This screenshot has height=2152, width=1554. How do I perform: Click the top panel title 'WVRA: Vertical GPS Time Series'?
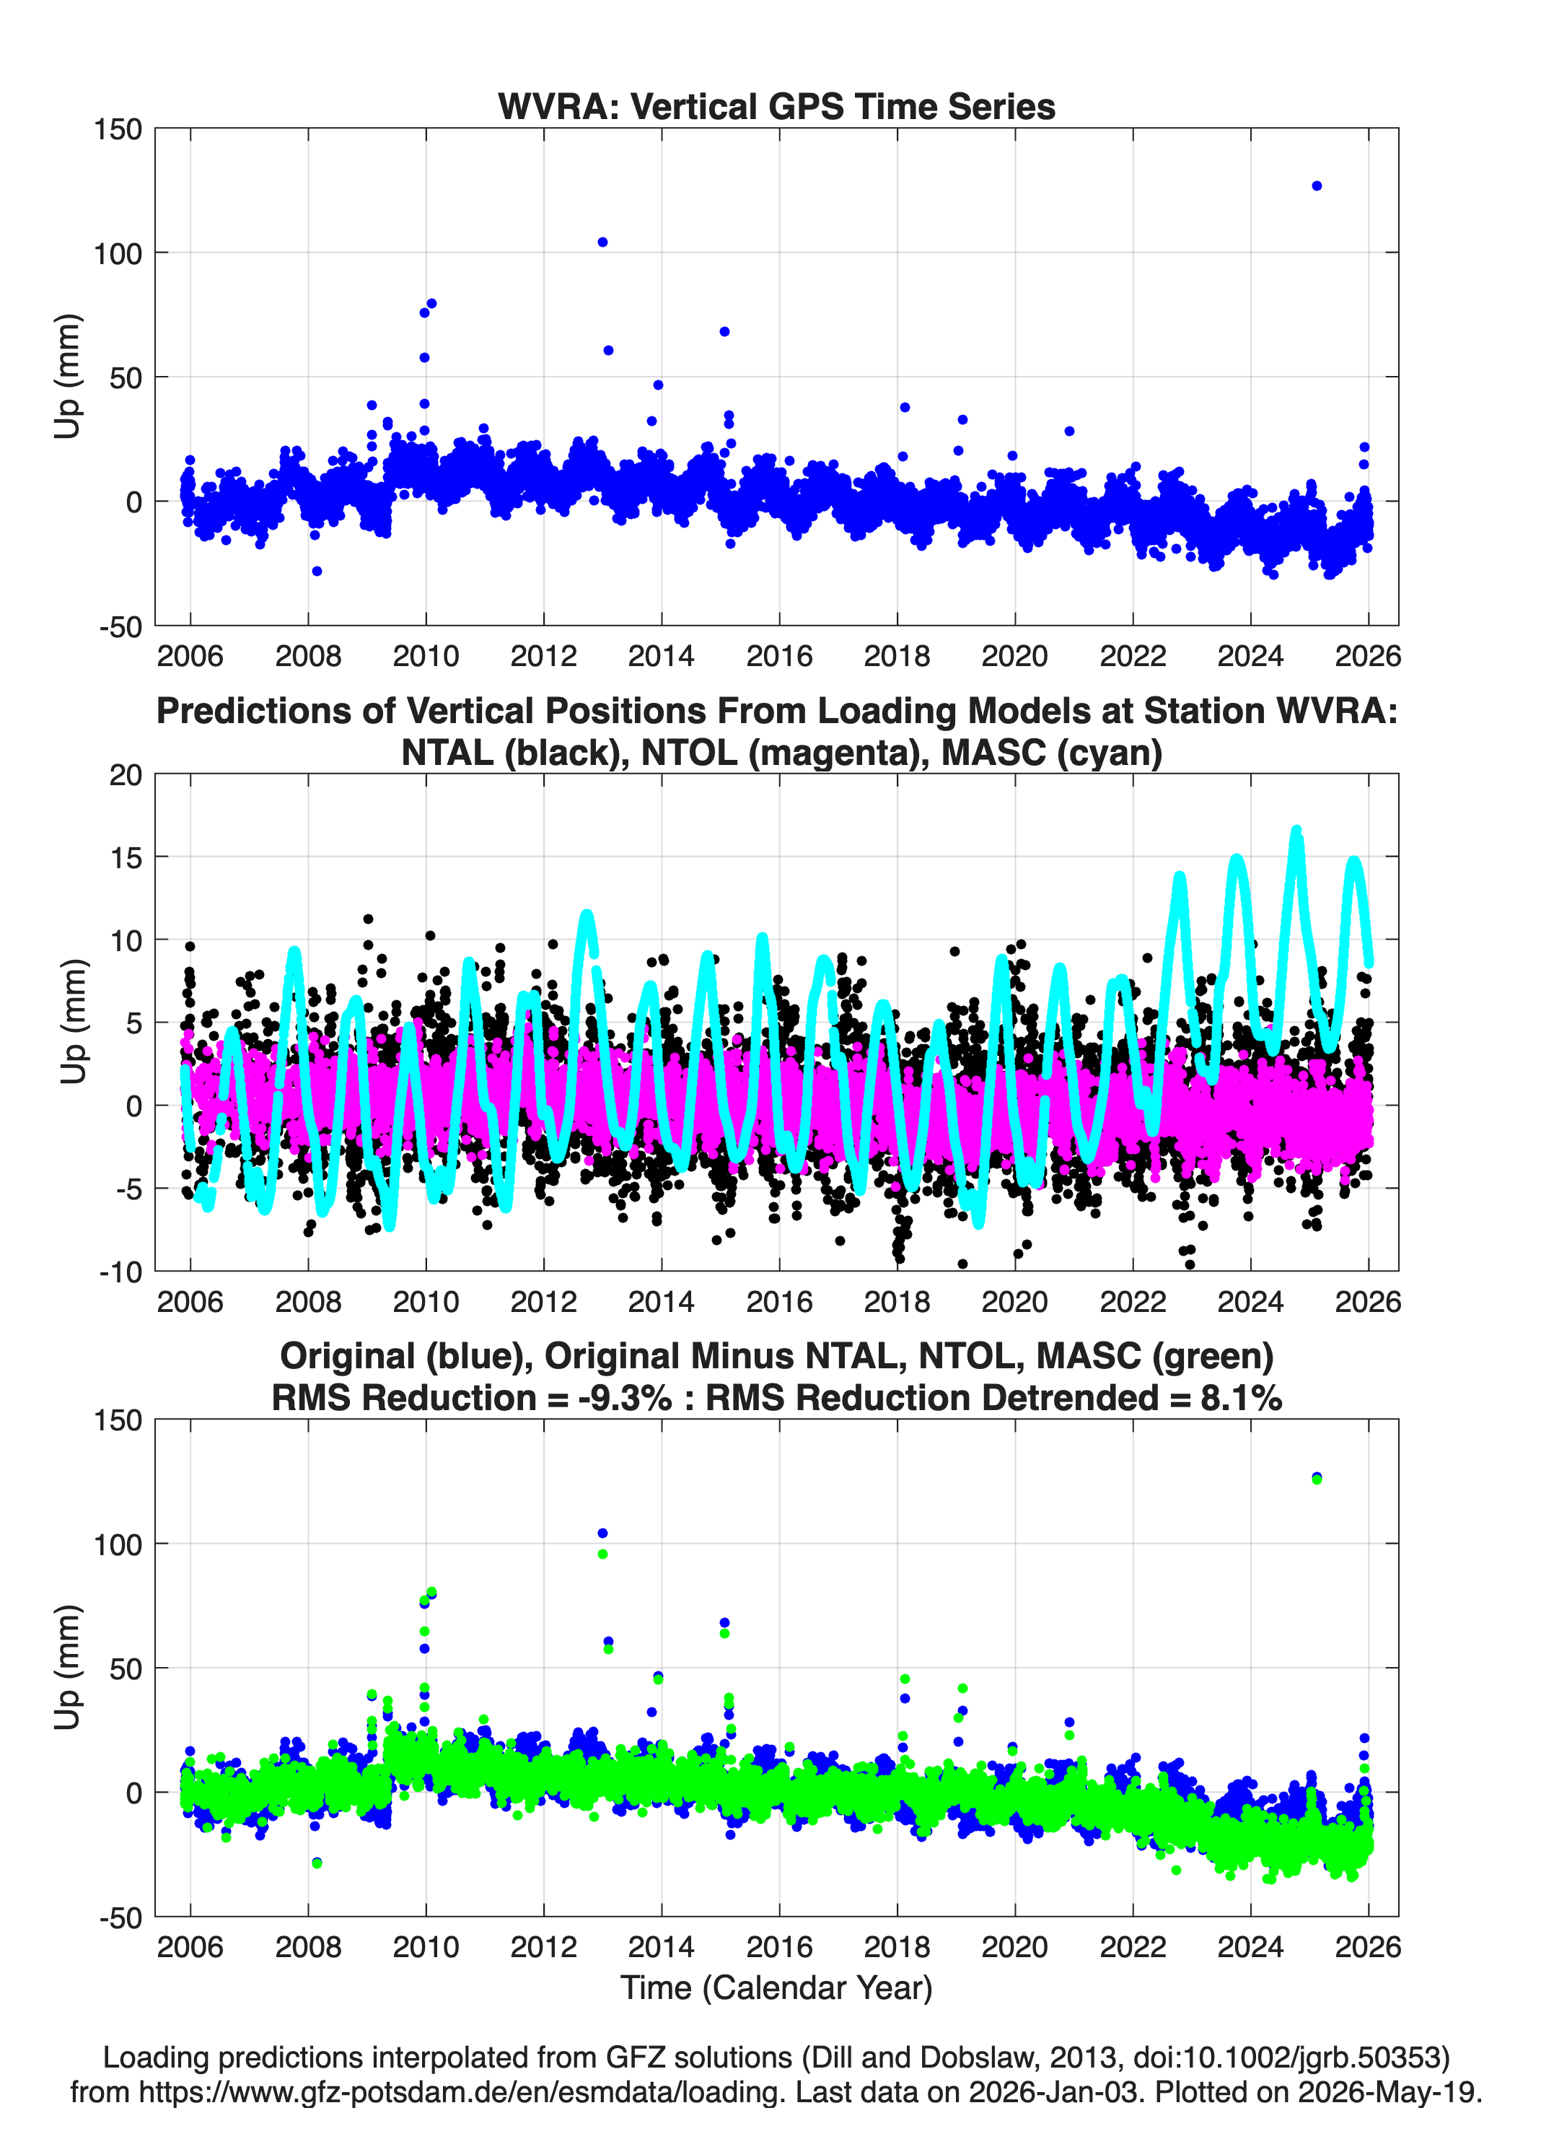click(x=776, y=106)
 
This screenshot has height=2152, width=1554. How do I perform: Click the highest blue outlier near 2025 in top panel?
click(x=1316, y=186)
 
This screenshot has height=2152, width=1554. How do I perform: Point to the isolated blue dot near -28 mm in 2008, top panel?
click(x=317, y=572)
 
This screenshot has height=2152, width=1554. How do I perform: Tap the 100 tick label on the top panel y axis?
click(x=118, y=253)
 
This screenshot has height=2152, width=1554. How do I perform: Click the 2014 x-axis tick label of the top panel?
click(x=662, y=656)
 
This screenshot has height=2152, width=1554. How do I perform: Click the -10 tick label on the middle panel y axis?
click(x=120, y=1272)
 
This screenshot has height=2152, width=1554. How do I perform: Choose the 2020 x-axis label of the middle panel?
click(x=1015, y=1301)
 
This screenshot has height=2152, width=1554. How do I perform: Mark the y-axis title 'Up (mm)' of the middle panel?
click(x=73, y=1022)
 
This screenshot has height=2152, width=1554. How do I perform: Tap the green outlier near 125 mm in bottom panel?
click(x=1317, y=1479)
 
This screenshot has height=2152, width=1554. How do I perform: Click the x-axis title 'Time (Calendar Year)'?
click(x=777, y=1987)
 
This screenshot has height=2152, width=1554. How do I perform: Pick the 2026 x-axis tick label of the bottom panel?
click(x=1368, y=1947)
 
